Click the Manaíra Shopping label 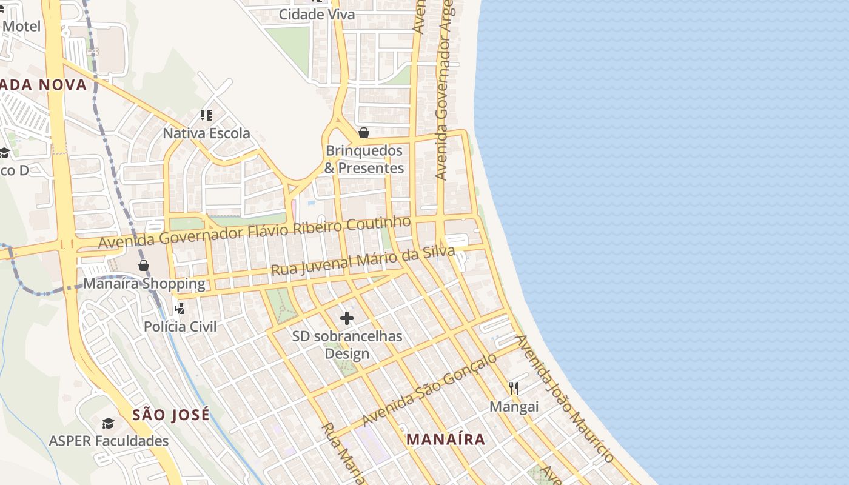coord(144,284)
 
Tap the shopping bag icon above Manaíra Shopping coord(144,266)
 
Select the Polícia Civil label coord(180,327)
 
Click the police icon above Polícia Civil coord(180,309)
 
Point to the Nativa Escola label coord(206,133)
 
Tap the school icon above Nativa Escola coord(206,115)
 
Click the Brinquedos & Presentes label coord(364,159)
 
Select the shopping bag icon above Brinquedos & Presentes coord(364,133)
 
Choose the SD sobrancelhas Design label coord(347,345)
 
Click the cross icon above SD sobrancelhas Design coord(347,318)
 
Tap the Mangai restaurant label coord(514,407)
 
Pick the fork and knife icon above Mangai coord(514,388)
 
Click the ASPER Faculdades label coord(109,441)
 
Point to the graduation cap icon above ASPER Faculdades coord(109,423)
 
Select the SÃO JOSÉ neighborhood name coord(171,415)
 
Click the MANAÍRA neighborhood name coord(446,440)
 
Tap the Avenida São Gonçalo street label coord(429,390)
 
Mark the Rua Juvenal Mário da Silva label coord(363,261)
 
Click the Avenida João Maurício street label coord(565,398)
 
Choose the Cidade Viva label coord(317,15)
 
